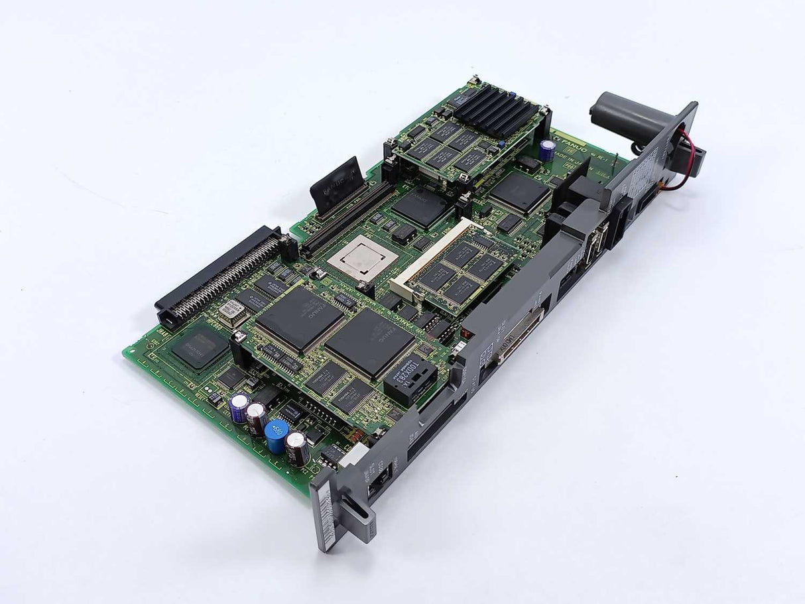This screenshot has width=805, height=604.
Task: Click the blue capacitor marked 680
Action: coord(276,434)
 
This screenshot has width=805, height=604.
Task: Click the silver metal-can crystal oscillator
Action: coord(232,309)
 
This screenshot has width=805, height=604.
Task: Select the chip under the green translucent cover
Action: coord(198,348)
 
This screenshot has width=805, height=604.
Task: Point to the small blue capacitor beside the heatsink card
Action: coord(546,149)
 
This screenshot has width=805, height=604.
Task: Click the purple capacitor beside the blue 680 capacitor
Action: coord(239,406)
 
